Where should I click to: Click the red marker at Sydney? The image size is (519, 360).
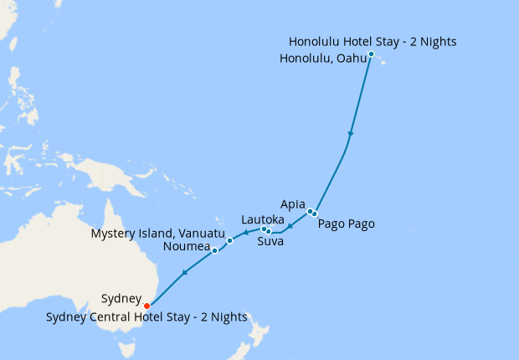147,306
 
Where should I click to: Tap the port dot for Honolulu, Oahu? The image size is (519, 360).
371,54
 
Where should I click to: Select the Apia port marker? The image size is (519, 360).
310,211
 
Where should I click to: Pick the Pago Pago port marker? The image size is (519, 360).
315,214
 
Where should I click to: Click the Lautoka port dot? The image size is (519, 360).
263,229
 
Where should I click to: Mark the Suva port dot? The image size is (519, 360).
269,231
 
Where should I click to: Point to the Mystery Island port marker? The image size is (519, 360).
229,240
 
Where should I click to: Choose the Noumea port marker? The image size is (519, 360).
215,250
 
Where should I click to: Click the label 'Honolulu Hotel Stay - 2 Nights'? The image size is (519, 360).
373,42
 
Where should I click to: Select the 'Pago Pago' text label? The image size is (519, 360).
346,224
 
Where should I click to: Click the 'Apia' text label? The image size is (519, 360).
293,203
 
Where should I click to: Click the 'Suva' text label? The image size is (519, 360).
270,242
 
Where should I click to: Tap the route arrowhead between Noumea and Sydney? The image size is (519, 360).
184,272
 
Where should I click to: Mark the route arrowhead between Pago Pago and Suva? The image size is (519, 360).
290,226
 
